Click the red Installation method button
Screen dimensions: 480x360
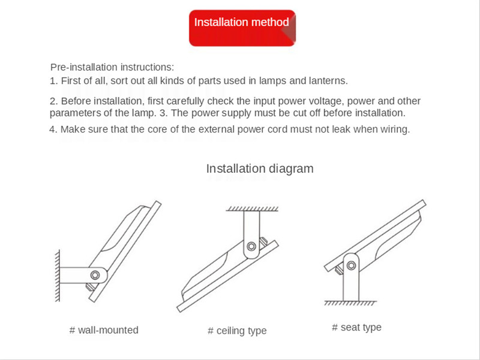click(242, 28)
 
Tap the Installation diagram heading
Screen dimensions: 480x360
click(260, 169)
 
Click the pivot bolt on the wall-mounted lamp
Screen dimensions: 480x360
click(95, 275)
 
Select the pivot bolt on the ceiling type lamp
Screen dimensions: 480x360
click(251, 247)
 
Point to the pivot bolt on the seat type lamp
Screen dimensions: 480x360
click(351, 265)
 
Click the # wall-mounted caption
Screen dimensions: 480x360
click(104, 330)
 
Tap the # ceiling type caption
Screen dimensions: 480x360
click(237, 331)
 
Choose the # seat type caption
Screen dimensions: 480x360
click(356, 328)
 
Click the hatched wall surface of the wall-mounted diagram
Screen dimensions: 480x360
click(57, 276)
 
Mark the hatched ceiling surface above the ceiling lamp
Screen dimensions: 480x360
click(252, 209)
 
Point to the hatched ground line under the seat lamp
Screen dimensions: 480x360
click(350, 303)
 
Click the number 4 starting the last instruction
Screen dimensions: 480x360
click(52, 130)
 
